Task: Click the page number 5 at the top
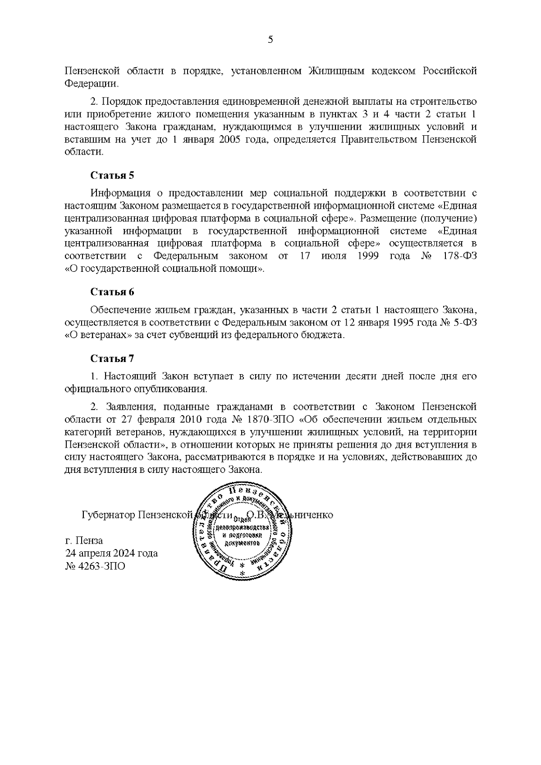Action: (x=270, y=40)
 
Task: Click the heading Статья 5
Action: (x=112, y=175)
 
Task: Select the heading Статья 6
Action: (x=112, y=292)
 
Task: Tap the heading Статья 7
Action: (x=112, y=359)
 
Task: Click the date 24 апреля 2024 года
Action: (x=111, y=553)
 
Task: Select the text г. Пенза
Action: (x=84, y=541)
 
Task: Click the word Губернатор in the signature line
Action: (x=108, y=515)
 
